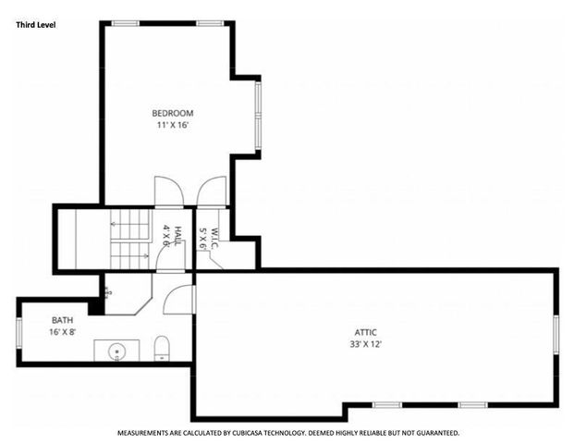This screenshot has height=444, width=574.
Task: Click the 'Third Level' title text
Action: [36, 25]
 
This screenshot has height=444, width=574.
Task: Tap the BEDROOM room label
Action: [172, 114]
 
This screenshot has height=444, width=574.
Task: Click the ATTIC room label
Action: [366, 333]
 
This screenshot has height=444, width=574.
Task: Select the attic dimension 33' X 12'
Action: [366, 344]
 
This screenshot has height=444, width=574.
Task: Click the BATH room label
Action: [62, 320]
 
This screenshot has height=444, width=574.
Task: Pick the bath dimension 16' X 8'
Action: [62, 331]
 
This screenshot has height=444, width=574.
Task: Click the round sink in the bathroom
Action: [117, 351]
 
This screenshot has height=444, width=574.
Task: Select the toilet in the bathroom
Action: [163, 348]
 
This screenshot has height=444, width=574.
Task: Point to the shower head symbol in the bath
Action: [108, 291]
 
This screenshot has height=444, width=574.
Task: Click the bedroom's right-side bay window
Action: [259, 117]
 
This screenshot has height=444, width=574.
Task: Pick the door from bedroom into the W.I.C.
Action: [212, 191]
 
